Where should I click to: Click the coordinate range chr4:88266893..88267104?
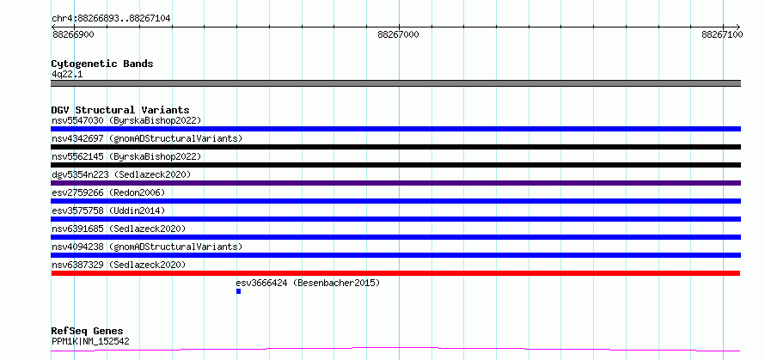click(x=111, y=19)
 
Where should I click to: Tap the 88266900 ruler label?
click(x=73, y=34)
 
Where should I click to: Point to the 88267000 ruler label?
click(x=398, y=34)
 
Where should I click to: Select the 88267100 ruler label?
click(x=723, y=34)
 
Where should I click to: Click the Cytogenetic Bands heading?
click(x=102, y=64)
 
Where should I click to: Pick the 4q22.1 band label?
click(x=67, y=74)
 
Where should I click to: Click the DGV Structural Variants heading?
click(x=120, y=110)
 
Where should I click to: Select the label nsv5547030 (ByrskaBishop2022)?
click(x=126, y=120)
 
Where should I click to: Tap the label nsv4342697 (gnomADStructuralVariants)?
click(x=147, y=138)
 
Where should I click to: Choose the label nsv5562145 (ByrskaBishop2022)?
click(x=126, y=156)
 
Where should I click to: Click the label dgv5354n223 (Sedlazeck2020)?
click(x=121, y=174)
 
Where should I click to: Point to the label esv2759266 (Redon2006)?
click(x=108, y=192)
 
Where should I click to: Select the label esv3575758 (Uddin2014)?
click(x=108, y=211)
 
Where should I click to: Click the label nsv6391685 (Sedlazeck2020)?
click(x=119, y=229)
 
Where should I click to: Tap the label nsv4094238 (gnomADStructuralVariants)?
click(x=147, y=247)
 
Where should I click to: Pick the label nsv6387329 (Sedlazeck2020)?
click(x=119, y=265)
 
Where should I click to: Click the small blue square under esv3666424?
click(x=239, y=291)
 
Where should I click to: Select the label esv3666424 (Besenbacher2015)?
click(x=308, y=283)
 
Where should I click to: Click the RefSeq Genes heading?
click(x=88, y=332)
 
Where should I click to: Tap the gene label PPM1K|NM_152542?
click(x=90, y=341)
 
